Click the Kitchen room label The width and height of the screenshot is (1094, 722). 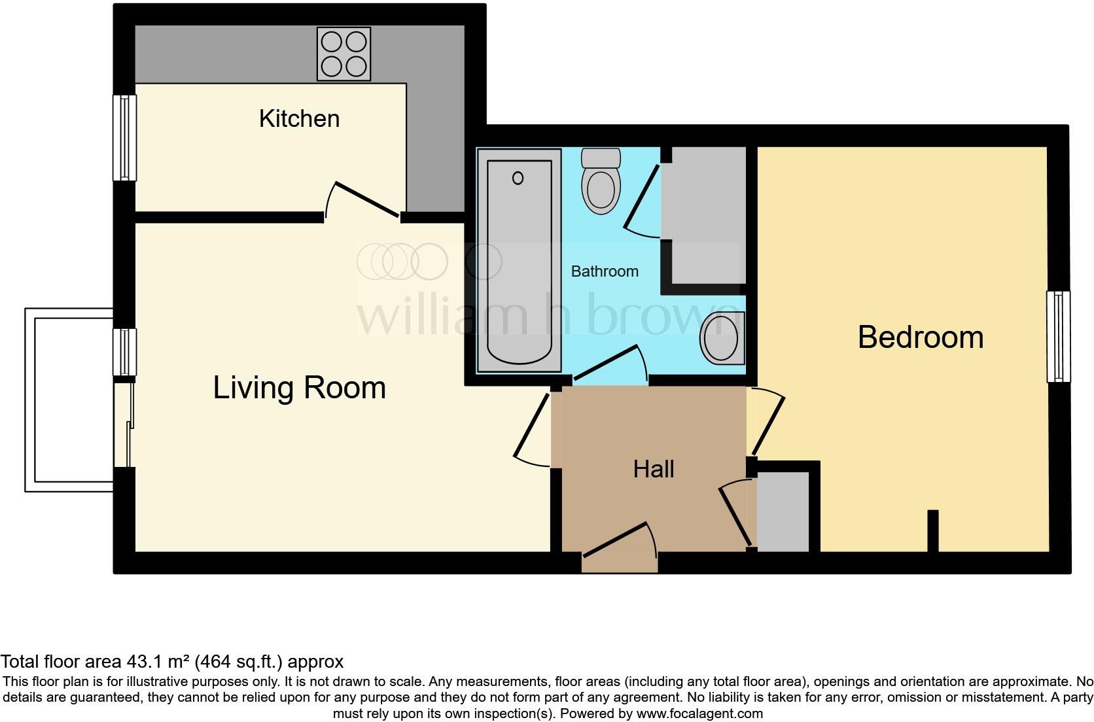click(x=299, y=119)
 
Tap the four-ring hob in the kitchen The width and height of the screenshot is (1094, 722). click(x=344, y=54)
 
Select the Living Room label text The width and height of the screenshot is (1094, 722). click(x=299, y=388)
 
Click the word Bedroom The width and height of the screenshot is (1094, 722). click(x=920, y=337)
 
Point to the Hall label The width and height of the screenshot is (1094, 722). click(x=654, y=469)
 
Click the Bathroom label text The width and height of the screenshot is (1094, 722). click(x=605, y=271)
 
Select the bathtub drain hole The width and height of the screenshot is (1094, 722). click(x=518, y=178)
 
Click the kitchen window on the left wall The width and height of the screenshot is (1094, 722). click(x=124, y=138)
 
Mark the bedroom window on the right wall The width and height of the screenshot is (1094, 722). click(x=1058, y=336)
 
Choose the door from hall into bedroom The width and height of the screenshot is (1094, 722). click(x=768, y=422)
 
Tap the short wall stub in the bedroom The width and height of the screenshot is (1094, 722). click(x=933, y=530)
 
